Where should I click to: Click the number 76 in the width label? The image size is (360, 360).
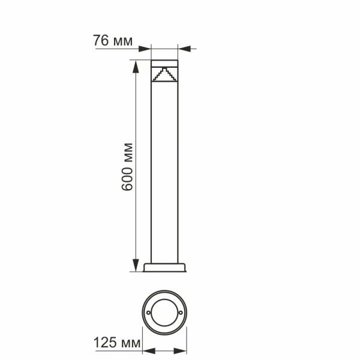[101, 41]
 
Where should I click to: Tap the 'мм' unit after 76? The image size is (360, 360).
[122, 41]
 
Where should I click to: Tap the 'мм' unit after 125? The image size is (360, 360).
[128, 344]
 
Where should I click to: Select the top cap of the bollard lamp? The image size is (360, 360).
[164, 62]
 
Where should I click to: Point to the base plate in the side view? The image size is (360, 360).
[164, 267]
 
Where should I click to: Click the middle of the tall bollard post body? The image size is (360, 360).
[164, 174]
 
